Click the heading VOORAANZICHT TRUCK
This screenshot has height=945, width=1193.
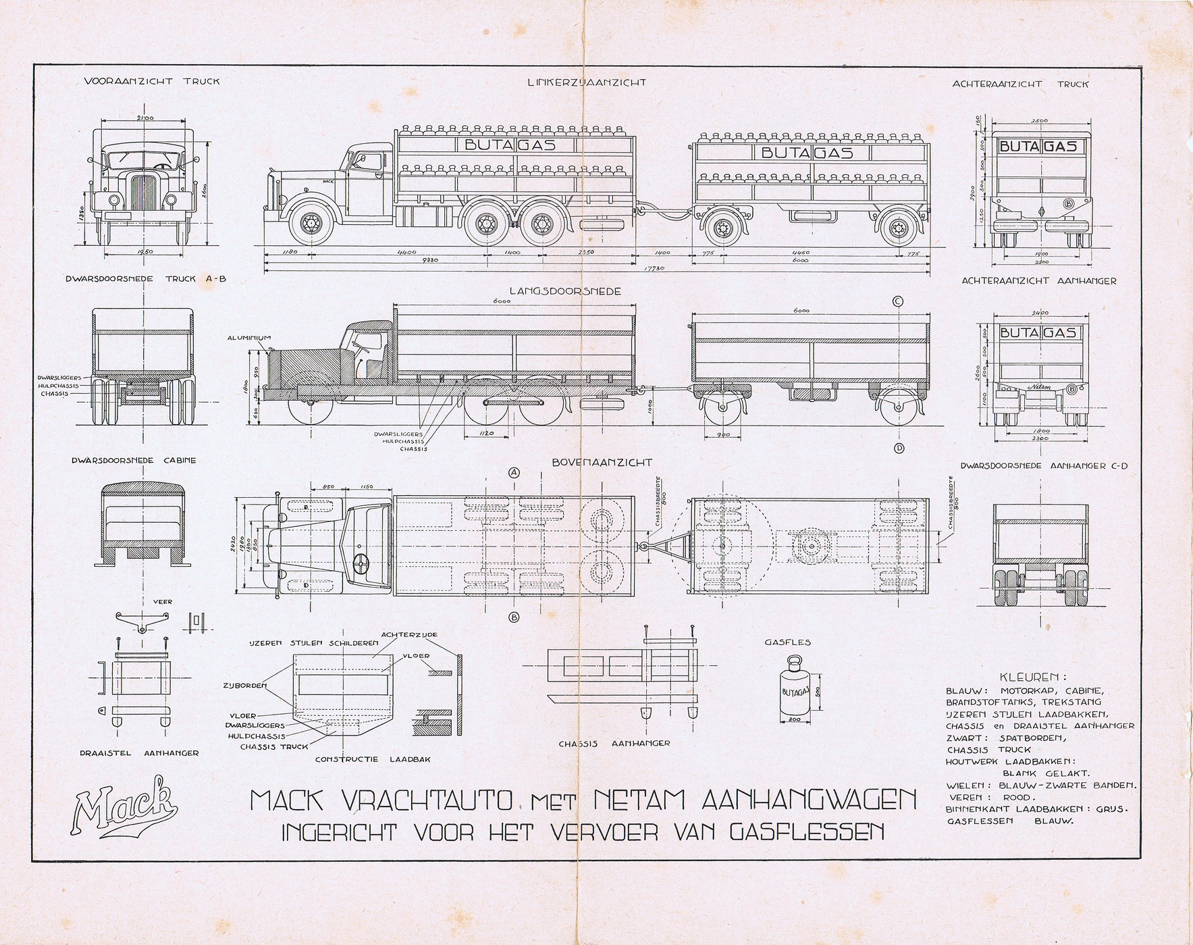(x=152, y=82)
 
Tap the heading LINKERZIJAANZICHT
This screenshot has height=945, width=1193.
(x=587, y=82)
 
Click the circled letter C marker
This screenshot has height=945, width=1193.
(x=899, y=302)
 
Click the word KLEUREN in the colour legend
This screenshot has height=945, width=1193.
(x=1032, y=677)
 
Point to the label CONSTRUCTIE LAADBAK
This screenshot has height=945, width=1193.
(x=373, y=759)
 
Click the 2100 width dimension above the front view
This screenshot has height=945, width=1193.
(x=145, y=118)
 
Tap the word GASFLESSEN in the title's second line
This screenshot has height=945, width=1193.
(x=810, y=831)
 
